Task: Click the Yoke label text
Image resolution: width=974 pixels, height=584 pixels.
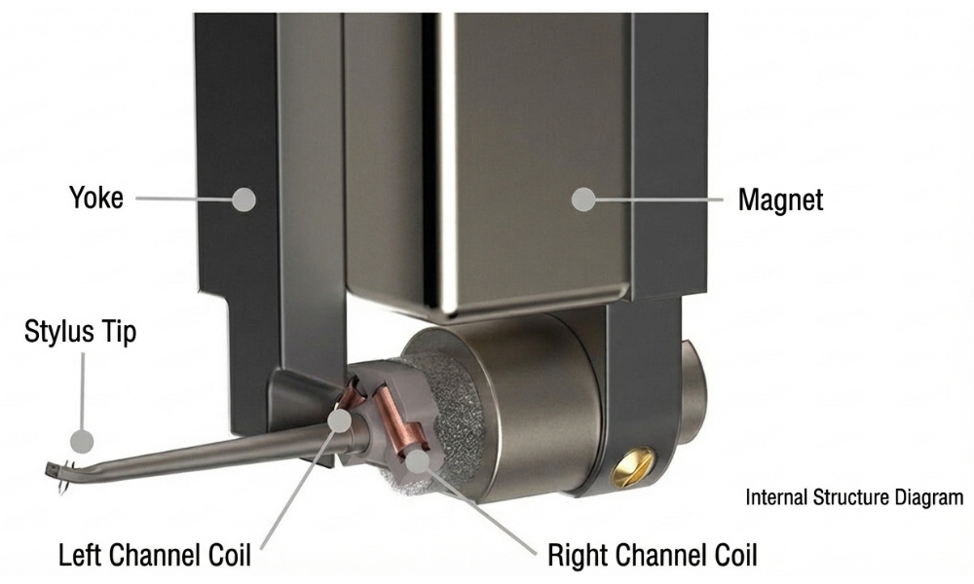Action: pyautogui.click(x=96, y=198)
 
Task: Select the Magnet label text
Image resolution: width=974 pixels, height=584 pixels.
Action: pyautogui.click(x=781, y=200)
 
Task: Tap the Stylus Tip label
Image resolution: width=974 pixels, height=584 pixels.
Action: pyautogui.click(x=80, y=331)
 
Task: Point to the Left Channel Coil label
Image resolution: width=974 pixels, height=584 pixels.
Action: pyautogui.click(x=155, y=554)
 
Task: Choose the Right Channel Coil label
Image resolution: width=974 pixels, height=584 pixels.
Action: pyautogui.click(x=653, y=554)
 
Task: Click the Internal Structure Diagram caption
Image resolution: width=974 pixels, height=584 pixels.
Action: pyautogui.click(x=855, y=497)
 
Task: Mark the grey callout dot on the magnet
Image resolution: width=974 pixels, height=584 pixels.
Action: pyautogui.click(x=583, y=200)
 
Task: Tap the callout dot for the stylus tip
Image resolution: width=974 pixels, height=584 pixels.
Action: pyautogui.click(x=82, y=441)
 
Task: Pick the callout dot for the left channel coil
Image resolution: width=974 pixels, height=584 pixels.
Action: pyautogui.click(x=340, y=420)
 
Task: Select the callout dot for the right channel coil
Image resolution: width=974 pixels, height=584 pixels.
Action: pyautogui.click(x=419, y=460)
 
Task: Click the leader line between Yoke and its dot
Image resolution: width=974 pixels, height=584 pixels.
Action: pyautogui.click(x=184, y=200)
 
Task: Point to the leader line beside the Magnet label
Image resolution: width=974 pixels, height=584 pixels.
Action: pyautogui.click(x=659, y=200)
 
